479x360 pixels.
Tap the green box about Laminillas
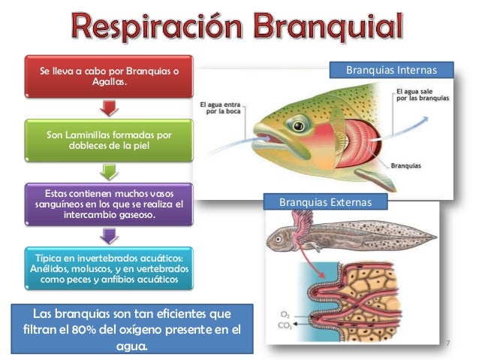(109, 140)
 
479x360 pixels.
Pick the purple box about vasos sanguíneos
(109, 204)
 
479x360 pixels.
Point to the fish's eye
(299, 121)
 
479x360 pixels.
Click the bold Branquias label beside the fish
(405, 165)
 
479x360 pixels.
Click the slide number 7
(447, 343)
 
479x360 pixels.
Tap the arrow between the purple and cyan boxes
(109, 235)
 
